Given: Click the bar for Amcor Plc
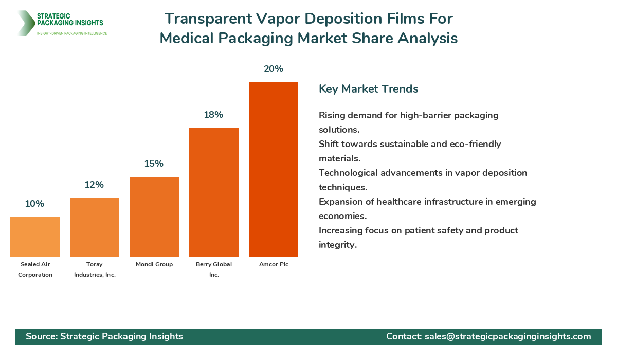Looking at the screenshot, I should [274, 170].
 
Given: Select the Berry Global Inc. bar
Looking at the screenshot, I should [214, 192].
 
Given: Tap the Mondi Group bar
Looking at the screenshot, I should [154, 217].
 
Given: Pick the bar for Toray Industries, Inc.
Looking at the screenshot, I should [95, 227].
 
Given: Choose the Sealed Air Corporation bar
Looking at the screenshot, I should [35, 237].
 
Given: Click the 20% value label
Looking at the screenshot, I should [274, 69].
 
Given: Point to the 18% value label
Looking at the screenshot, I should [213, 115].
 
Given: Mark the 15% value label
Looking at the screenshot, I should [154, 164].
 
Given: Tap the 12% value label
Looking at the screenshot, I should [95, 185].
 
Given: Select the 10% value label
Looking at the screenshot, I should [34, 204].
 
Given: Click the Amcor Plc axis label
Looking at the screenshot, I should [274, 264].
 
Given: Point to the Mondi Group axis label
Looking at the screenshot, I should [154, 264].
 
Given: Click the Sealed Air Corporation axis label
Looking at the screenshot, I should [35, 269].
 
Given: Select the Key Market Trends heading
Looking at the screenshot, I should [369, 89].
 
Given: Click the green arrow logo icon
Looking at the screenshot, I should [25, 23].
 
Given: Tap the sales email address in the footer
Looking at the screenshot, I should [508, 336].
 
